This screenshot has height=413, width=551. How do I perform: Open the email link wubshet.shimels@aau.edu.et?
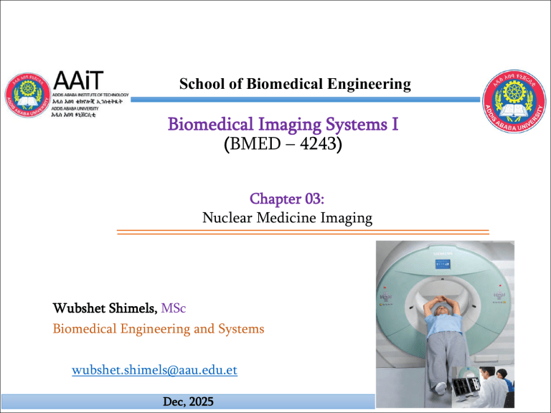(x=155, y=371)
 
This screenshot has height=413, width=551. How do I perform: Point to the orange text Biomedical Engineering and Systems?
(x=159, y=329)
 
